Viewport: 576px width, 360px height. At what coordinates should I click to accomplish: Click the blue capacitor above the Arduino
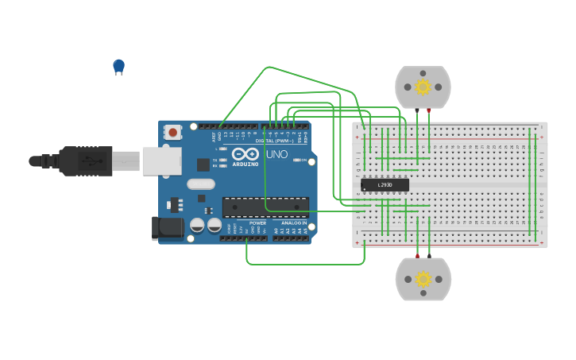[118, 66]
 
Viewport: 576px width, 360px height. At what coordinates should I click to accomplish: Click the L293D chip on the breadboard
[385, 185]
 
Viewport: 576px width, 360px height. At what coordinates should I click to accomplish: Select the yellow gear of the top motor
[423, 87]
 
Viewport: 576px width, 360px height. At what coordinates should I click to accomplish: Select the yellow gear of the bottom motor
[423, 279]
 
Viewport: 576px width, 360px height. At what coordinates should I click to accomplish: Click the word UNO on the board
[276, 154]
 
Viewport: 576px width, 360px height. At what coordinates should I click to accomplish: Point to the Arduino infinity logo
[245, 153]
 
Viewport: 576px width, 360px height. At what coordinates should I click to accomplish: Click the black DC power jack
[168, 228]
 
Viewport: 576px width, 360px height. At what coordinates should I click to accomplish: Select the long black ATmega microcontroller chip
[265, 207]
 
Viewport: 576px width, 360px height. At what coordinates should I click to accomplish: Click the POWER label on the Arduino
[257, 223]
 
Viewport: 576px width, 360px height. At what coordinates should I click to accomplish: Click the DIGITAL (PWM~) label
[275, 141]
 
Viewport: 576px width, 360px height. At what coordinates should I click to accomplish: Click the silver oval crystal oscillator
[201, 184]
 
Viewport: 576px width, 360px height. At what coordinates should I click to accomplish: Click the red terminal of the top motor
[429, 110]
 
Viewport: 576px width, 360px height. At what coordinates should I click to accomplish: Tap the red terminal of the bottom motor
[417, 257]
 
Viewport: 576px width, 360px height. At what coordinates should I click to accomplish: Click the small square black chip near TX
[203, 165]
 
